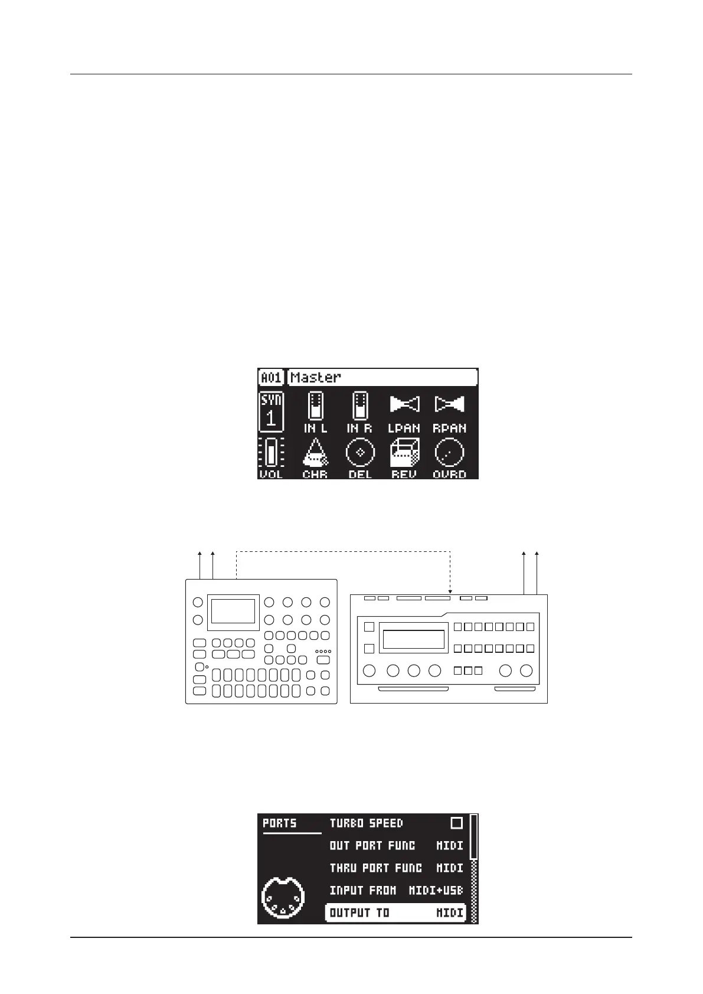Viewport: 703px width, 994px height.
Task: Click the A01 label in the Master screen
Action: (271, 377)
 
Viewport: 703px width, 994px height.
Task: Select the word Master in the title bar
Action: (316, 377)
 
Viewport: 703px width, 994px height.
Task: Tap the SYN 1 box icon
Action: (271, 411)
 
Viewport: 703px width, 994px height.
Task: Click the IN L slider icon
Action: (315, 407)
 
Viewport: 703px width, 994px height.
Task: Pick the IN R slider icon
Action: (359, 407)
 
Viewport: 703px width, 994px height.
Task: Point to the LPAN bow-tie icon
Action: (404, 404)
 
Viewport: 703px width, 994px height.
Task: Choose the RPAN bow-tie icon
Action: (449, 404)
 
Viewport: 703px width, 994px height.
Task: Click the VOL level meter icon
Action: (271, 453)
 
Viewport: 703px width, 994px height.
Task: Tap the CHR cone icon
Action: (315, 453)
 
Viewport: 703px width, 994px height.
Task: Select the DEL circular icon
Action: (360, 453)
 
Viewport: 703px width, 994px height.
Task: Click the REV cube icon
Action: (404, 453)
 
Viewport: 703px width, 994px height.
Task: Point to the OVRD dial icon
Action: (449, 453)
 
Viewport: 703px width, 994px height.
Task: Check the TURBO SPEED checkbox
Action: (456, 823)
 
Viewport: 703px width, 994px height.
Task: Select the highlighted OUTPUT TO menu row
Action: (395, 913)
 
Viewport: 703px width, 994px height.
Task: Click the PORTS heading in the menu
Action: (280, 823)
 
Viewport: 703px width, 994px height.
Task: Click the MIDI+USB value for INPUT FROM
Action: (436, 891)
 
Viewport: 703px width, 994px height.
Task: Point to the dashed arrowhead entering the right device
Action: (450, 591)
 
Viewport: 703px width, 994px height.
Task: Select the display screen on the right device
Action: (414, 639)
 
